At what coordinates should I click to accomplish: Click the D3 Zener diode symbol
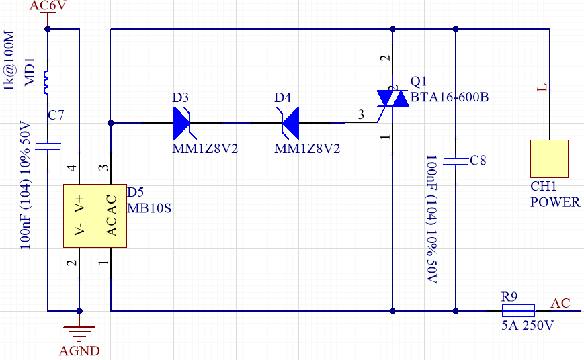[182, 123]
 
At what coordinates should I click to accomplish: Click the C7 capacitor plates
[48, 146]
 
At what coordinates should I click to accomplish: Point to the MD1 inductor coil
[46, 82]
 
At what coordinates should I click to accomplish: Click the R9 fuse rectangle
[518, 310]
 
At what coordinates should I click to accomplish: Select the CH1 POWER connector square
[549, 159]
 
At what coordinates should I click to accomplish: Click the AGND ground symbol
[79, 332]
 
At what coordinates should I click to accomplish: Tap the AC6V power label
[48, 5]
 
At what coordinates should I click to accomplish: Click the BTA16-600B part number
[450, 97]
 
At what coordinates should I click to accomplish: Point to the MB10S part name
[149, 208]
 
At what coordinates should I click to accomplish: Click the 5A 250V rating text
[528, 325]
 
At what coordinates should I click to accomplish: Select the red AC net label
[560, 303]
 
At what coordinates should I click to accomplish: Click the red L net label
[542, 87]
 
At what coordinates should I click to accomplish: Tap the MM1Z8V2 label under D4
[307, 149]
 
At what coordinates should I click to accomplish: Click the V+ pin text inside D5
[80, 204]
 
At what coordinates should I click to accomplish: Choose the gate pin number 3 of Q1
[361, 114]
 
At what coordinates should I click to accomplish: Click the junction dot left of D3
[111, 123]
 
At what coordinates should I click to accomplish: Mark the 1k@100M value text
[8, 60]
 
